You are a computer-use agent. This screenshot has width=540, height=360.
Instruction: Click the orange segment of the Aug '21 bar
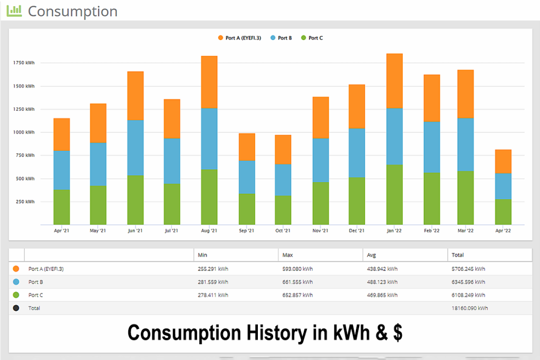click(209, 82)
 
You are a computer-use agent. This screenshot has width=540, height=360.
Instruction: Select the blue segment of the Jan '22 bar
click(394, 137)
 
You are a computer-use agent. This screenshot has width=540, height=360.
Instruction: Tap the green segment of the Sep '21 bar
click(247, 209)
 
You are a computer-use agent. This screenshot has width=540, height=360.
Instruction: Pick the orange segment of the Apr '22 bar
click(503, 162)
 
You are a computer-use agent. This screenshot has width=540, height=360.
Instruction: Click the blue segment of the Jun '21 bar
click(136, 148)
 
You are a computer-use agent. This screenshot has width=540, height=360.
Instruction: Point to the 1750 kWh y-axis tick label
click(24, 63)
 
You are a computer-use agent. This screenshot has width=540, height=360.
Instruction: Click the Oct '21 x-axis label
click(283, 231)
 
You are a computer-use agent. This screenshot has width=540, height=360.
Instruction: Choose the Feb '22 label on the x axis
click(431, 231)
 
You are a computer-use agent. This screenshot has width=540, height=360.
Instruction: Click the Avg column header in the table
click(371, 255)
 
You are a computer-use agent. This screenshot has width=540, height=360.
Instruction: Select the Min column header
click(202, 255)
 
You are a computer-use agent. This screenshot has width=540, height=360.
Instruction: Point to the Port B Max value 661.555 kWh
click(297, 282)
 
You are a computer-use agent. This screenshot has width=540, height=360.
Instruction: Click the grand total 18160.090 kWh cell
click(468, 308)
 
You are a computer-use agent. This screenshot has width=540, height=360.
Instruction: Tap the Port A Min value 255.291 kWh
click(213, 269)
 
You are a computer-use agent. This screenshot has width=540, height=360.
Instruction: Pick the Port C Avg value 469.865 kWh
click(382, 295)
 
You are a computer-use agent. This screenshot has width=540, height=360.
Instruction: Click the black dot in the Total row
click(16, 308)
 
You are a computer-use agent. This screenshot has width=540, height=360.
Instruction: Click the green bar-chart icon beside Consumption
click(14, 11)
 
